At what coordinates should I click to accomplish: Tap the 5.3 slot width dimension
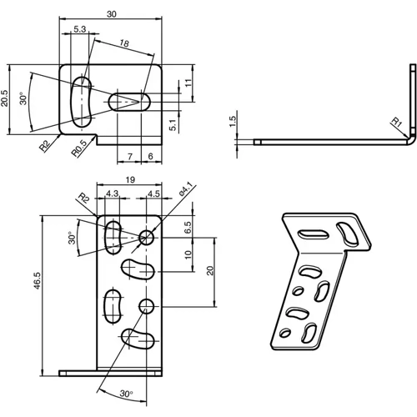coord(79,29)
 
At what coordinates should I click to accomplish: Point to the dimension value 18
coord(123,43)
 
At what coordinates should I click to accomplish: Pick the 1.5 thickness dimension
coord(234,122)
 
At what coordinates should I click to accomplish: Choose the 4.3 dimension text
coord(113,194)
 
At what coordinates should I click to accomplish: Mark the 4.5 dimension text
coord(153,194)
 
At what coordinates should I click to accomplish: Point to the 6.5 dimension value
coord(188,225)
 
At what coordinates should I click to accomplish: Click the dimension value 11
coord(188,82)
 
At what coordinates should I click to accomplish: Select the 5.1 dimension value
coord(171,125)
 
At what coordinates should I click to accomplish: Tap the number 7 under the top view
coord(130,156)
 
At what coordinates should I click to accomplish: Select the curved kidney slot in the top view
coord(82,100)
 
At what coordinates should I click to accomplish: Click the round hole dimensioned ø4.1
coord(148,237)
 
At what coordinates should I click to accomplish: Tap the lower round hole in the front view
coord(148,304)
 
